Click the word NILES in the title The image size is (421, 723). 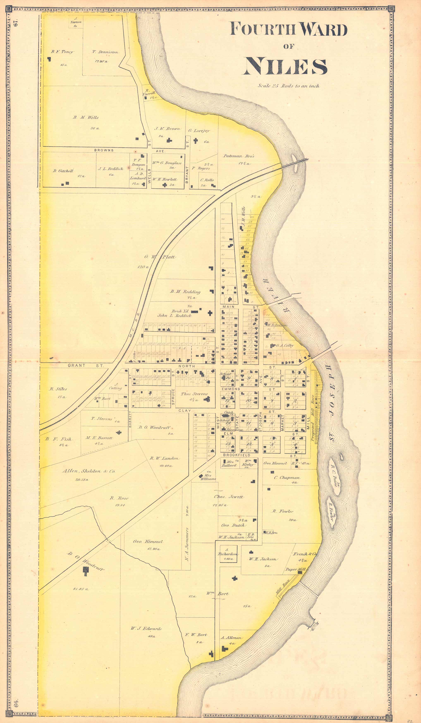point(286,66)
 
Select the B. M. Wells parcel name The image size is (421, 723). point(86,117)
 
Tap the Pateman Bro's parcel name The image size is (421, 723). point(239,156)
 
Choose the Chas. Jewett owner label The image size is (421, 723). point(228,497)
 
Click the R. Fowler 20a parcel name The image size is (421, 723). point(283,511)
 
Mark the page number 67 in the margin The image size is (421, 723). point(16,23)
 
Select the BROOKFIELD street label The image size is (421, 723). point(237,455)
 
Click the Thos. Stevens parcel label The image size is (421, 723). point(194,394)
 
